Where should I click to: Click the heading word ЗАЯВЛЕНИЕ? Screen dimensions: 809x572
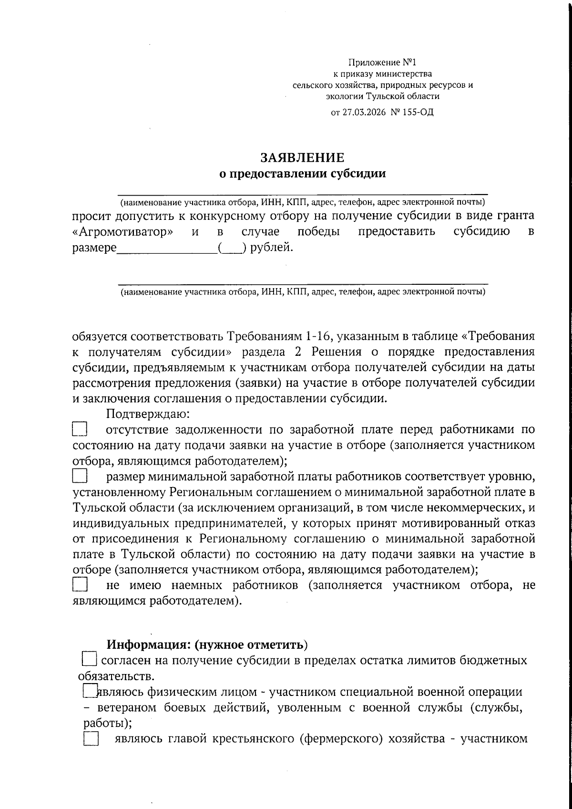click(x=302, y=158)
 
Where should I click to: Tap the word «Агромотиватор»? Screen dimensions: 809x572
click(x=123, y=232)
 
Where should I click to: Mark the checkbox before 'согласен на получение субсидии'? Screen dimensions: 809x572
click(x=89, y=660)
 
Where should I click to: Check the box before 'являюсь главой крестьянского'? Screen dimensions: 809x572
click(x=90, y=739)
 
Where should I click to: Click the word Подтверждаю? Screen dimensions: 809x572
click(x=148, y=414)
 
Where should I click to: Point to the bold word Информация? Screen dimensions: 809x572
click(x=148, y=645)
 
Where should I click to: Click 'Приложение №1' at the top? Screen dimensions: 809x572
click(x=382, y=62)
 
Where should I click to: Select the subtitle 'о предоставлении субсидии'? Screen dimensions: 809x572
click(x=302, y=174)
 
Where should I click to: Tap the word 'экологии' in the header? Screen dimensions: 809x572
click(x=344, y=96)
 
